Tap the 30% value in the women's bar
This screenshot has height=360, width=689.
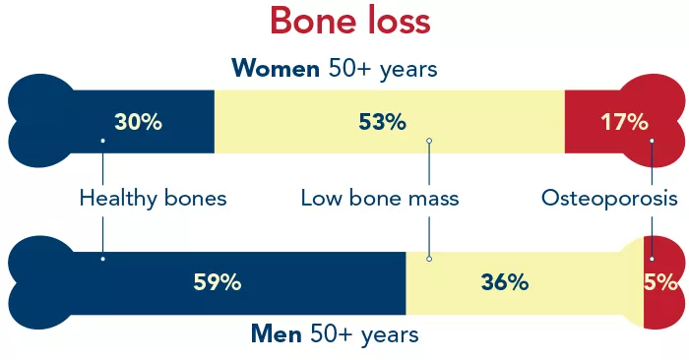click(x=138, y=122)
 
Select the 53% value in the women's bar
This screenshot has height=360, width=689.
click(x=382, y=122)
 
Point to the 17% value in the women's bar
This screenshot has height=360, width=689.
click(x=624, y=122)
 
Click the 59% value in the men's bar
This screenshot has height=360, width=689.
click(x=218, y=282)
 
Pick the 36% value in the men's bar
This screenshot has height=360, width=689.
click(x=505, y=282)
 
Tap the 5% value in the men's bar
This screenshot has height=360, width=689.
click(x=662, y=282)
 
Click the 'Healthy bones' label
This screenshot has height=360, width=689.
click(x=153, y=199)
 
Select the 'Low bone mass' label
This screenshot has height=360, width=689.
click(x=380, y=199)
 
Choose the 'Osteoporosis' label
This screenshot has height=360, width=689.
click(x=609, y=199)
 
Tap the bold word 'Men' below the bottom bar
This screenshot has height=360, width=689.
click(x=277, y=334)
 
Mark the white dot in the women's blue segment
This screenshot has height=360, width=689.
click(x=103, y=141)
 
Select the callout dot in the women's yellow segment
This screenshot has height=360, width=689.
click(x=429, y=141)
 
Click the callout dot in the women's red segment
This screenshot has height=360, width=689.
click(x=651, y=141)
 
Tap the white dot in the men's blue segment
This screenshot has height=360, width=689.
click(x=103, y=259)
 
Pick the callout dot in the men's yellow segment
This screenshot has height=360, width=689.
click(x=429, y=259)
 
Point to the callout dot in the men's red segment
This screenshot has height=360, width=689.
click(x=651, y=259)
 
